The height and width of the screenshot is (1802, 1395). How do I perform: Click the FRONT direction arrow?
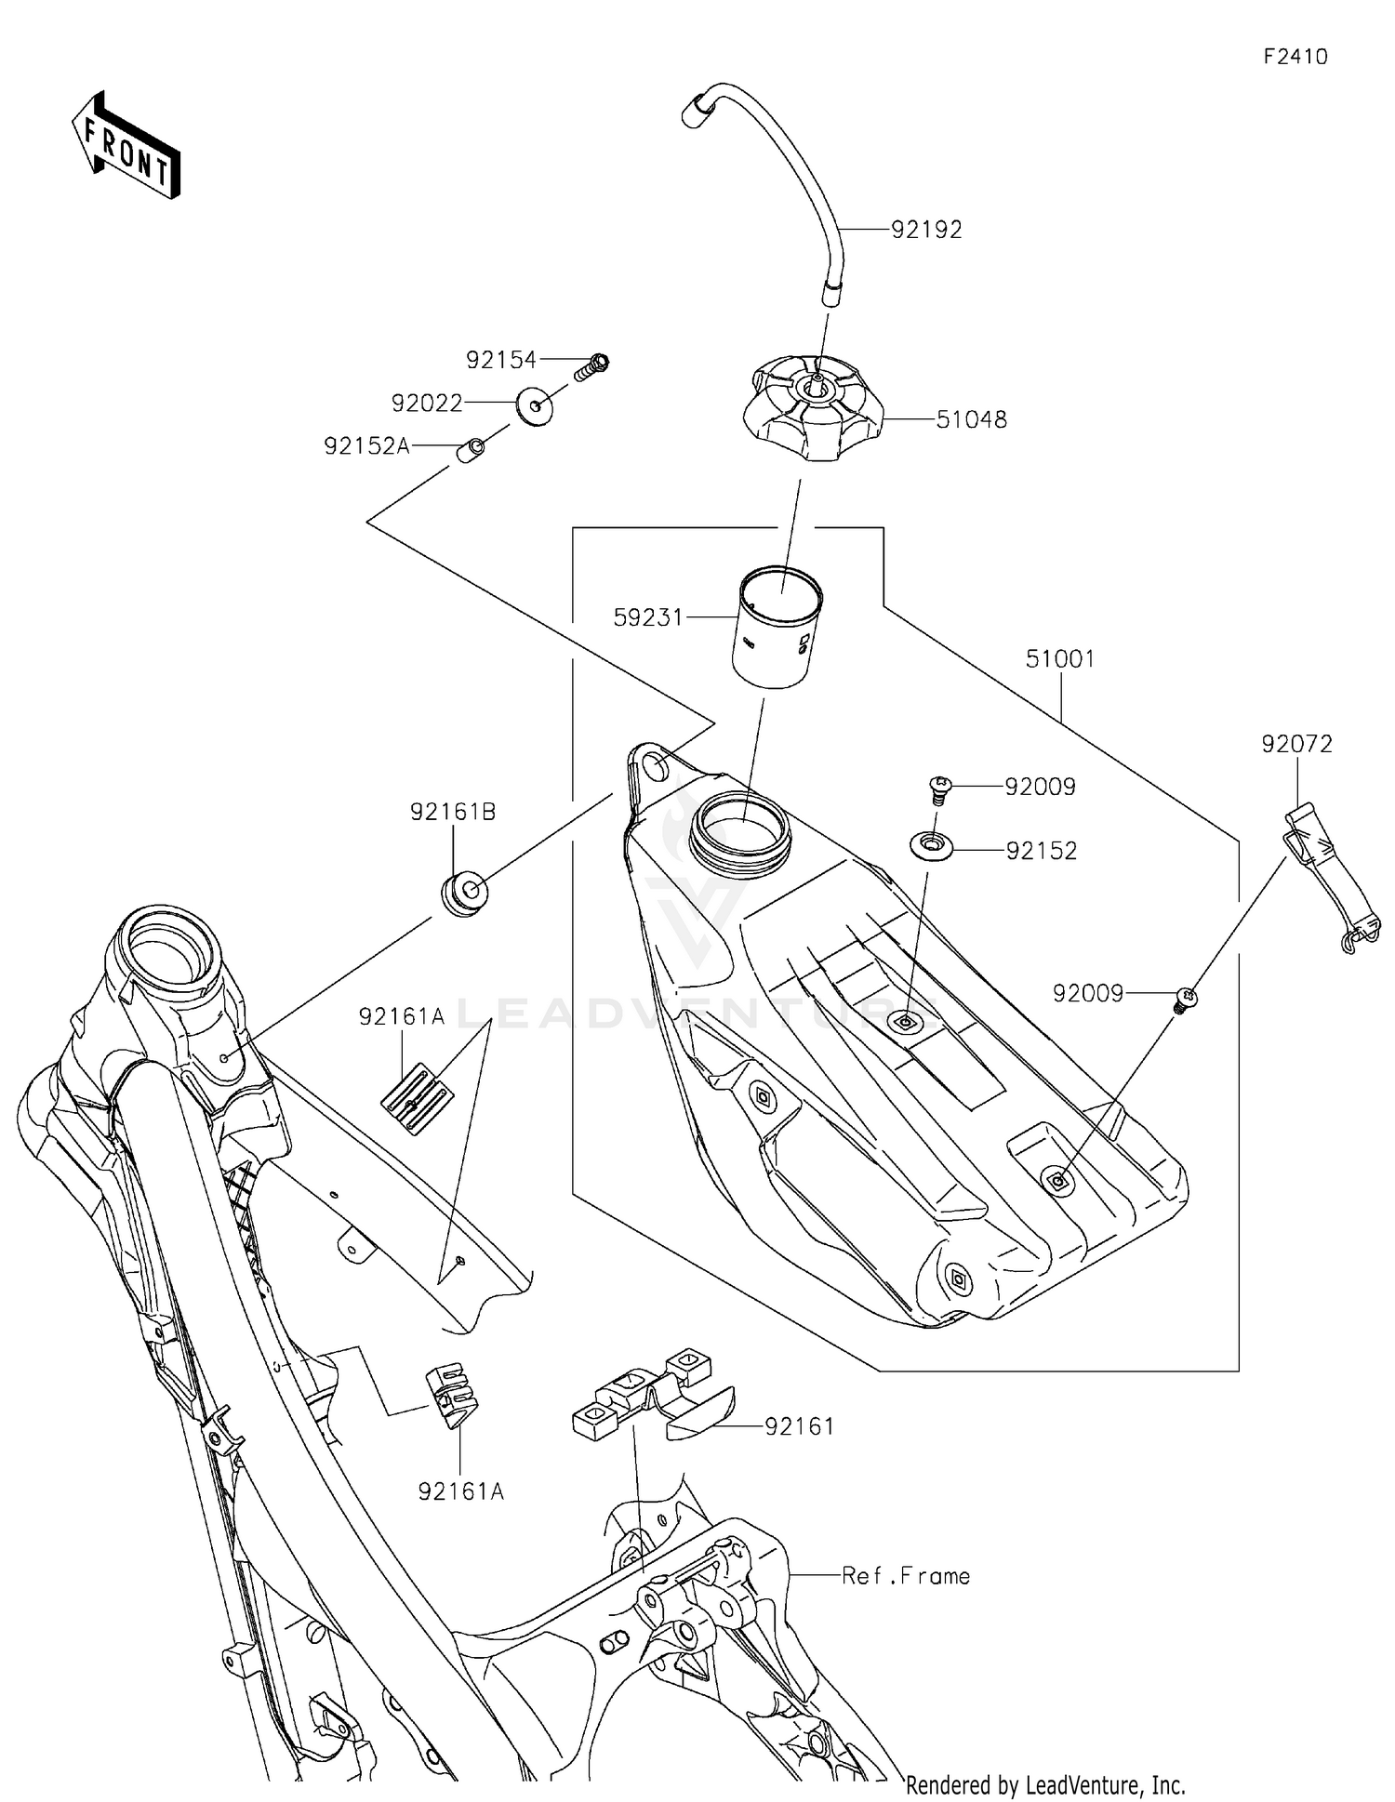(x=126, y=147)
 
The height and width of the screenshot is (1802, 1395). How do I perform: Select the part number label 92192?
(x=926, y=230)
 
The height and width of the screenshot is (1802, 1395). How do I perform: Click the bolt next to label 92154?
(x=591, y=366)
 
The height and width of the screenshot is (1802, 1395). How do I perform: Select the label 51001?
(x=1060, y=659)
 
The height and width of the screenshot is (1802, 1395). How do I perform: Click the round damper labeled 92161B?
(x=462, y=893)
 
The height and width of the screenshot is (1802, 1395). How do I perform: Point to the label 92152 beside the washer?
(x=1041, y=851)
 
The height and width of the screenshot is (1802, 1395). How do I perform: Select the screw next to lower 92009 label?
(x=1184, y=1000)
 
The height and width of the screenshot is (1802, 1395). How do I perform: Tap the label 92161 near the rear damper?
(x=800, y=1426)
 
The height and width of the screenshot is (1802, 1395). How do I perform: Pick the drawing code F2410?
(x=1295, y=57)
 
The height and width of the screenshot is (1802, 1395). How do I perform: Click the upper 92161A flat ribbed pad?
(x=416, y=1099)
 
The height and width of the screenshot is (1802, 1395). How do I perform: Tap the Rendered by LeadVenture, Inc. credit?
(x=1045, y=1784)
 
